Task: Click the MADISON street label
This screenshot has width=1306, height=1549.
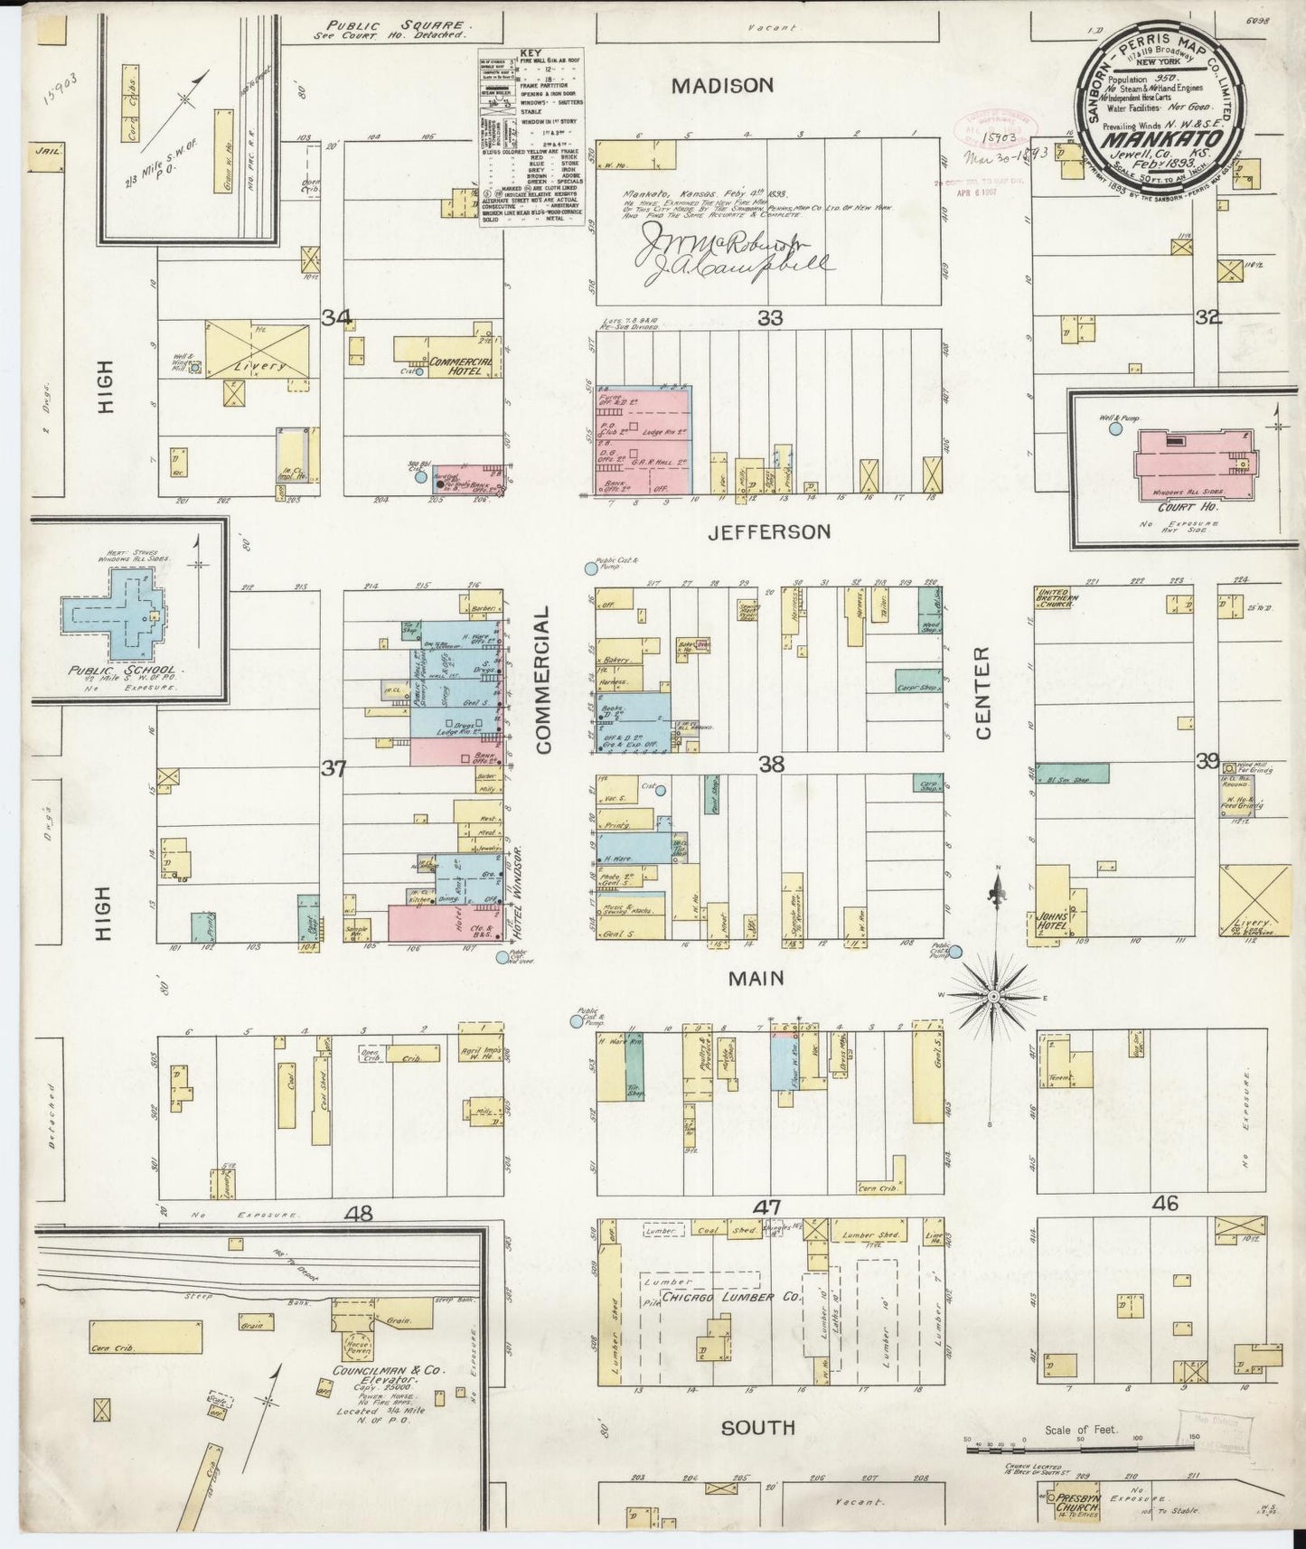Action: (x=722, y=86)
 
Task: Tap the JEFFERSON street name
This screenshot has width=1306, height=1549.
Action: (x=769, y=531)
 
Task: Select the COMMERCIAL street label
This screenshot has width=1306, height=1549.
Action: (x=543, y=680)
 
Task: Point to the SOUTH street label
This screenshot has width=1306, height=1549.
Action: (x=757, y=1427)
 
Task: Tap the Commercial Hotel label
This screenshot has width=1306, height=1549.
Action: (x=460, y=365)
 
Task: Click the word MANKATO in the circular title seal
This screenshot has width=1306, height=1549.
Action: (x=1164, y=139)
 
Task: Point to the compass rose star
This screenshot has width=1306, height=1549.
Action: (x=994, y=995)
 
